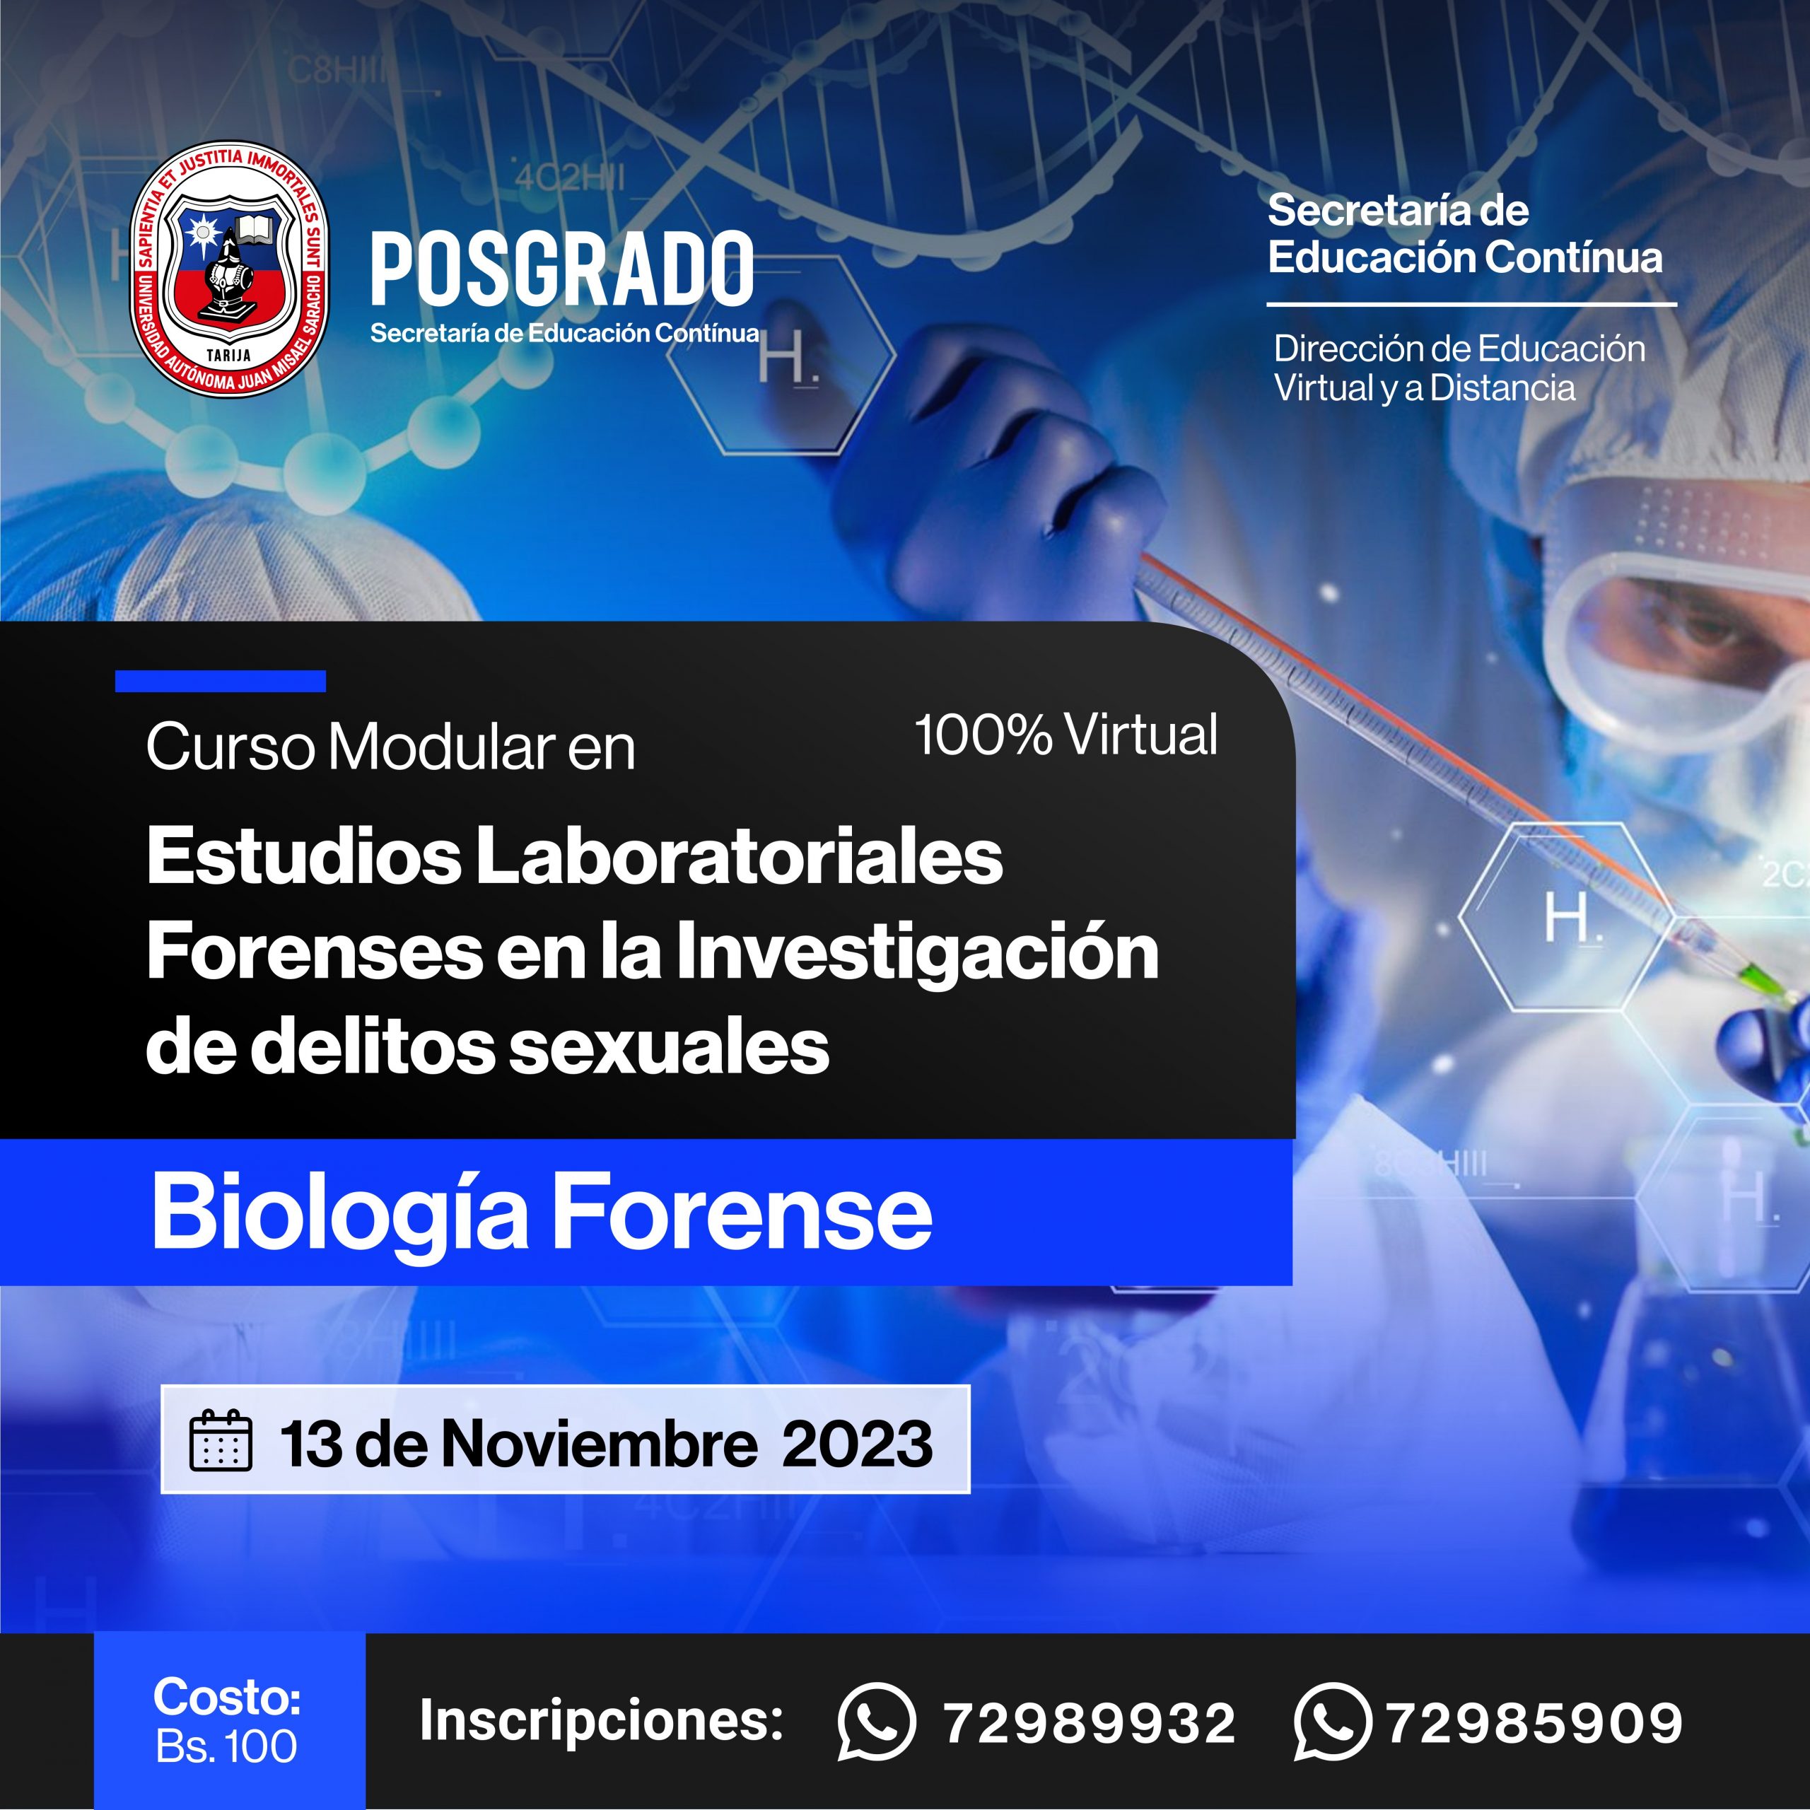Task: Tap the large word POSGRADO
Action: (562, 270)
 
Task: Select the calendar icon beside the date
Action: (221, 1441)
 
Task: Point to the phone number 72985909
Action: (1534, 1724)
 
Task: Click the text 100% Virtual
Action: (1066, 735)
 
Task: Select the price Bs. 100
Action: (227, 1747)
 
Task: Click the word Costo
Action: (227, 1698)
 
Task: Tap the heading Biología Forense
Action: (542, 1213)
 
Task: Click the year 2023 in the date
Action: (857, 1443)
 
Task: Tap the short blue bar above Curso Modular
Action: (220, 681)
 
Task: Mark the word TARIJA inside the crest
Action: (228, 355)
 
